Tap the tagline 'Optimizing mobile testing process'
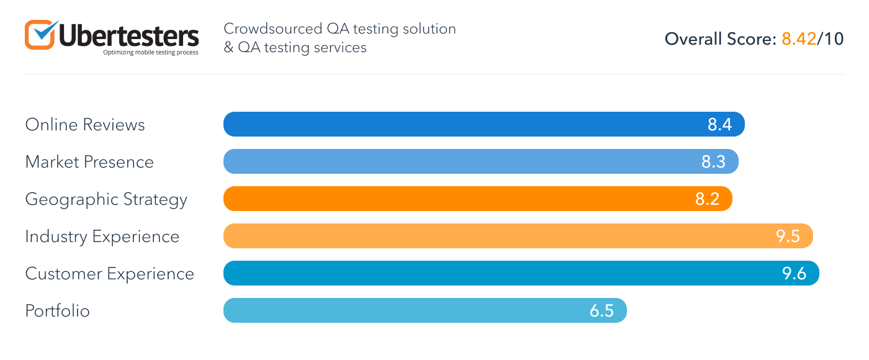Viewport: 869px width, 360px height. click(x=151, y=53)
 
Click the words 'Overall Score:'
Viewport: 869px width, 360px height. click(x=721, y=39)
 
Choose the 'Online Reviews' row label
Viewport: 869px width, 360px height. click(x=85, y=125)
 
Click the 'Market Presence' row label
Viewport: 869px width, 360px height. click(x=89, y=162)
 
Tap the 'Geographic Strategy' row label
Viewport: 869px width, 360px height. click(x=106, y=200)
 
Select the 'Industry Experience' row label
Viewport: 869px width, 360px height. click(x=102, y=236)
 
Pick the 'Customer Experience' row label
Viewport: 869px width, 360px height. click(x=110, y=274)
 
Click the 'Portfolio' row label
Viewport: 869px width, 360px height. click(x=58, y=311)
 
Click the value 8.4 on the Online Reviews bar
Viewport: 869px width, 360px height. click(x=720, y=125)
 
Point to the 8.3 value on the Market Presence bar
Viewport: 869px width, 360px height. click(x=714, y=162)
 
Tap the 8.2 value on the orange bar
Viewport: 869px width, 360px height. click(x=708, y=199)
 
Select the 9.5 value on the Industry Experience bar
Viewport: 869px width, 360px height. click(x=788, y=236)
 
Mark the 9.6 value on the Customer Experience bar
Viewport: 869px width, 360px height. click(x=795, y=274)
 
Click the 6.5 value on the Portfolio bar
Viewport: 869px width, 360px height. click(x=602, y=311)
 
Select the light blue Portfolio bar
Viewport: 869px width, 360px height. click(x=403, y=310)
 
